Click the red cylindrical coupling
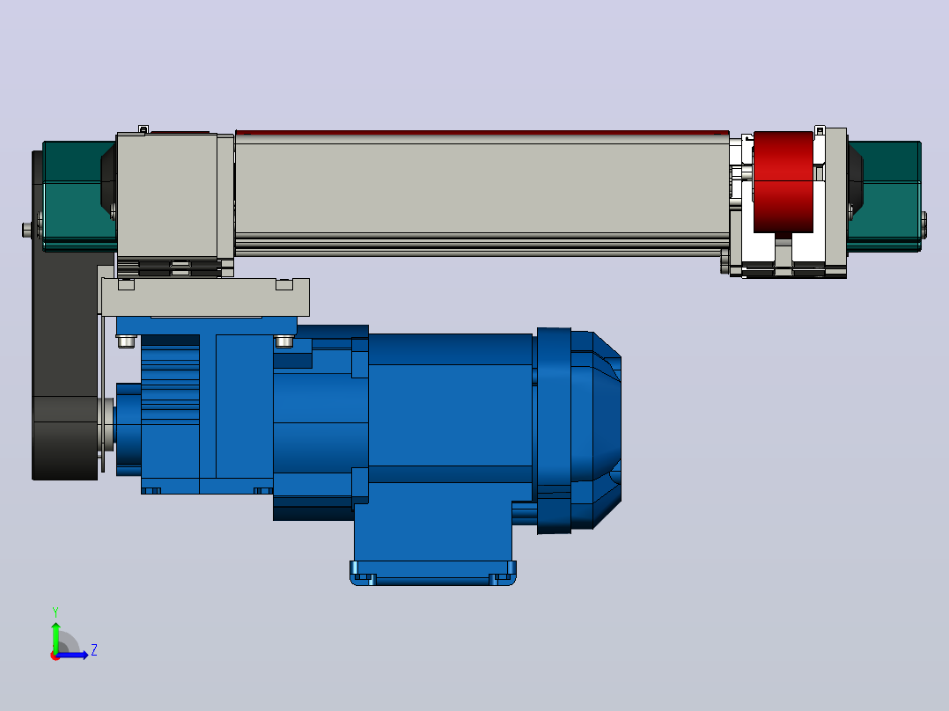pos(783,182)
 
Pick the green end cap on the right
pos(884,196)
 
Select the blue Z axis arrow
pos(72,655)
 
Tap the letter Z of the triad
pos(94,650)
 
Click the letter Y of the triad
pos(55,612)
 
